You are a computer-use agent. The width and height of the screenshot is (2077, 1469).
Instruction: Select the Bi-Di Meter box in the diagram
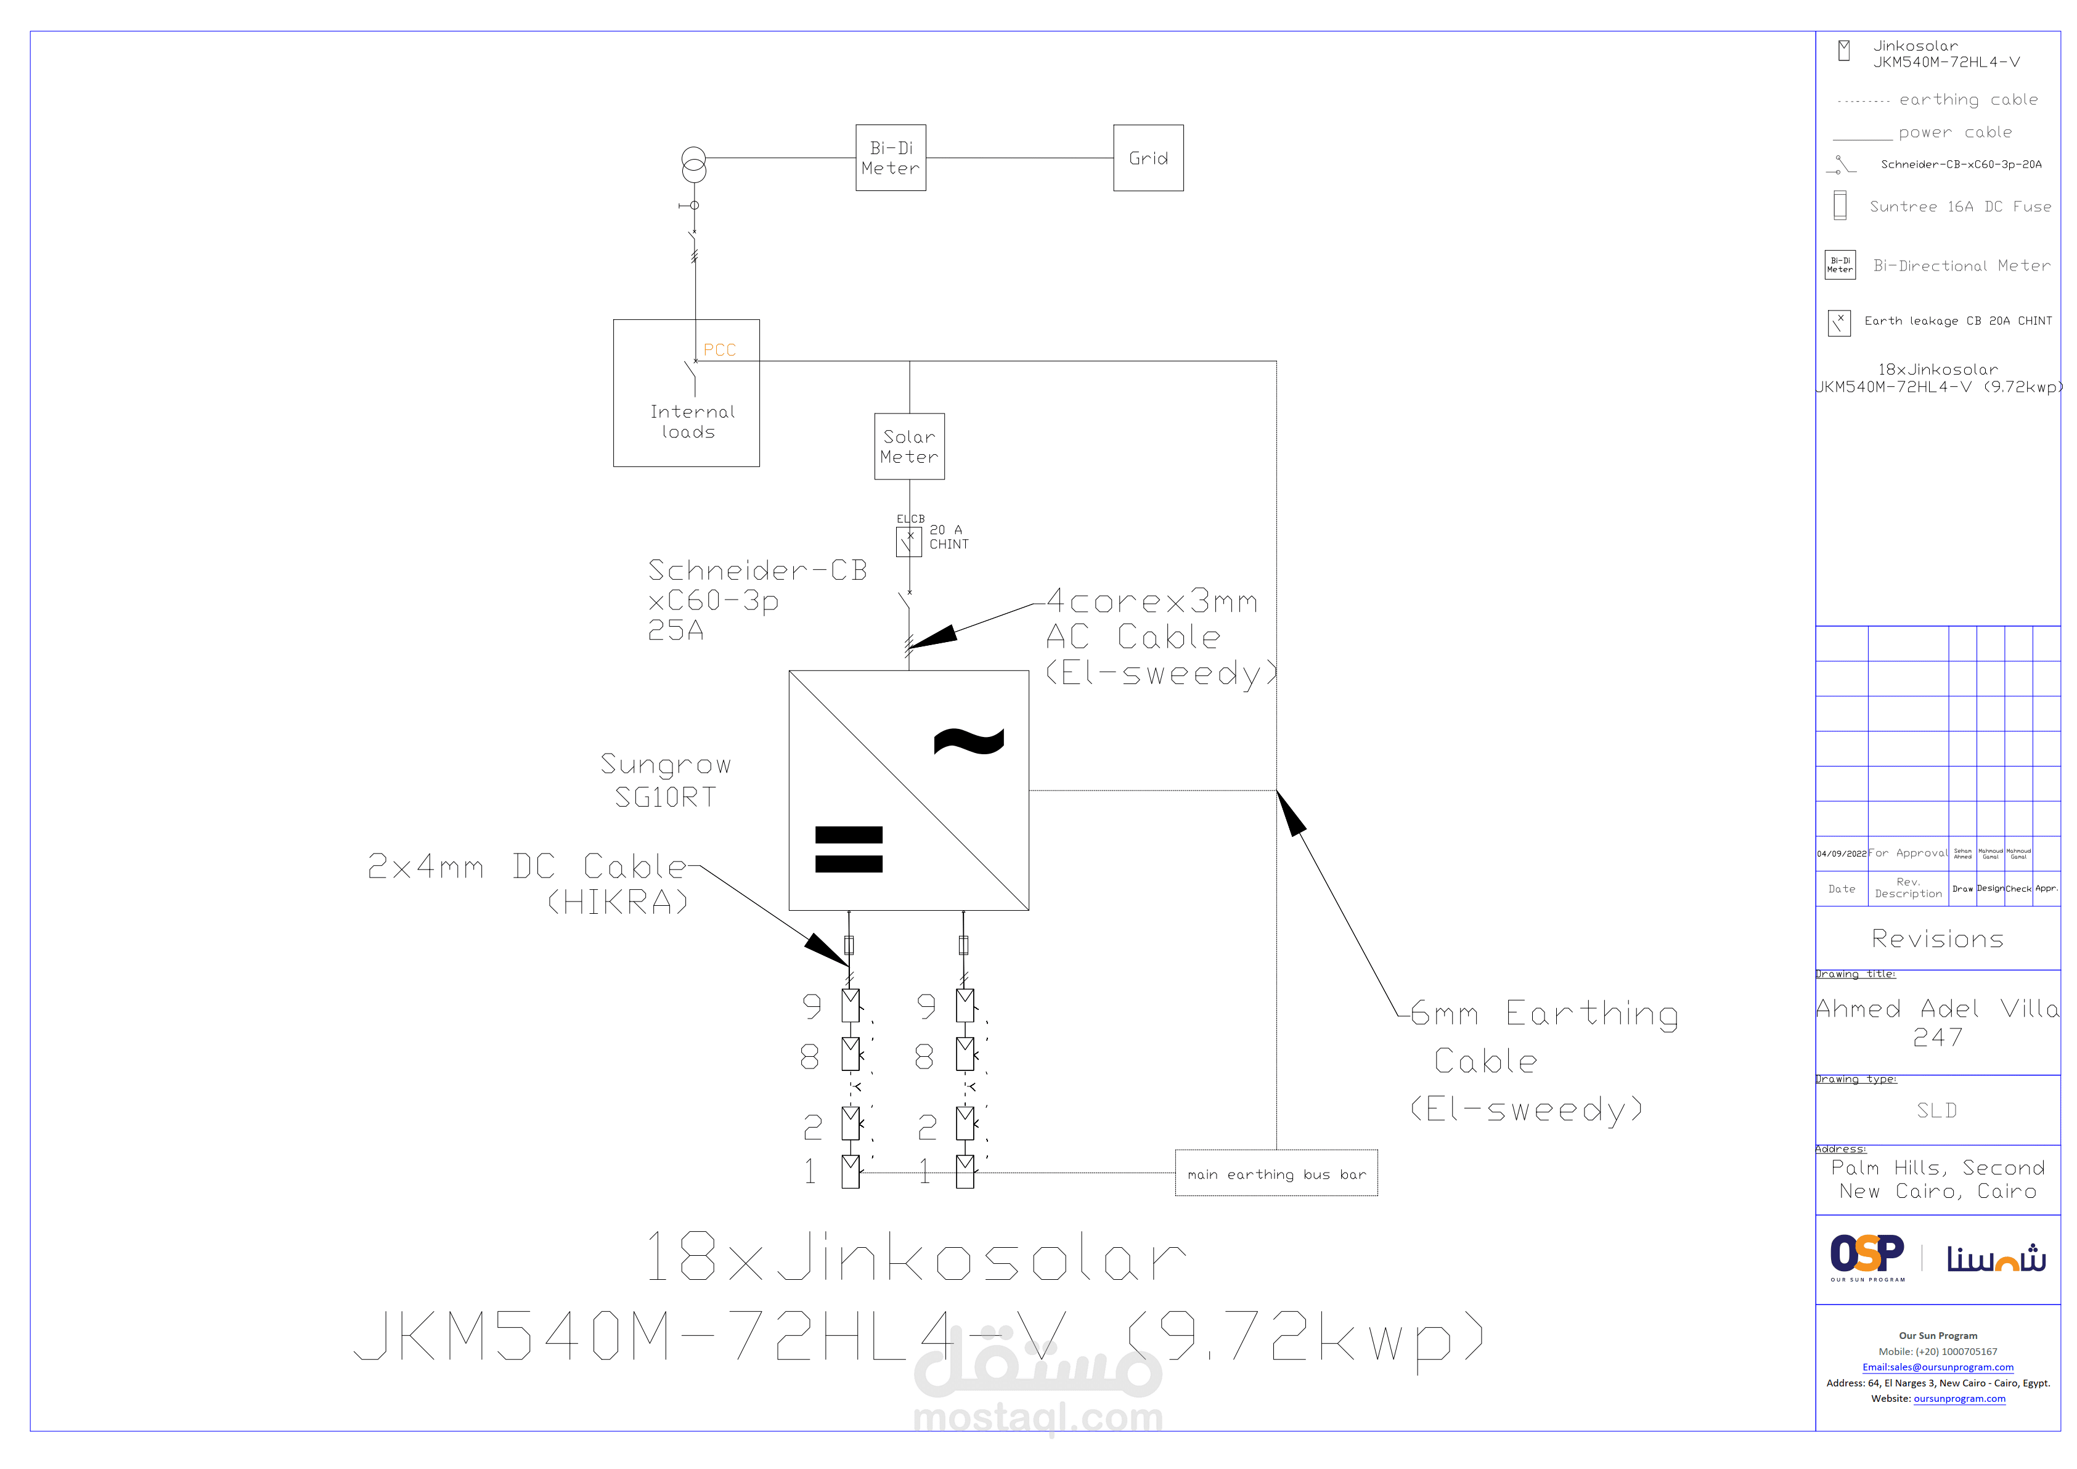(x=890, y=158)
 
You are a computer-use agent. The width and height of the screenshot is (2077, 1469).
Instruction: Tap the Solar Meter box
(x=909, y=446)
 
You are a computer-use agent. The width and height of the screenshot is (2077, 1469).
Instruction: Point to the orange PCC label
(x=719, y=350)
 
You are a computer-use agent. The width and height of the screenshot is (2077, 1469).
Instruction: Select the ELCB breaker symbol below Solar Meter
(x=908, y=541)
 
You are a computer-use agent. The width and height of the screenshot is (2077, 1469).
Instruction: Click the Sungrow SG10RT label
(x=666, y=779)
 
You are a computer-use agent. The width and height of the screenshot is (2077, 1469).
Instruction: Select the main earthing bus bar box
(x=1276, y=1173)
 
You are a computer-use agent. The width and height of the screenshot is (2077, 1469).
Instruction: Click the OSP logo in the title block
(x=1867, y=1256)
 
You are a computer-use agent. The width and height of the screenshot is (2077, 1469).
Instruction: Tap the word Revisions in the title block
(x=1936, y=939)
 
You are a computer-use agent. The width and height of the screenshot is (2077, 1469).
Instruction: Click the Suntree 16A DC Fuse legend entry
(x=1959, y=206)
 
